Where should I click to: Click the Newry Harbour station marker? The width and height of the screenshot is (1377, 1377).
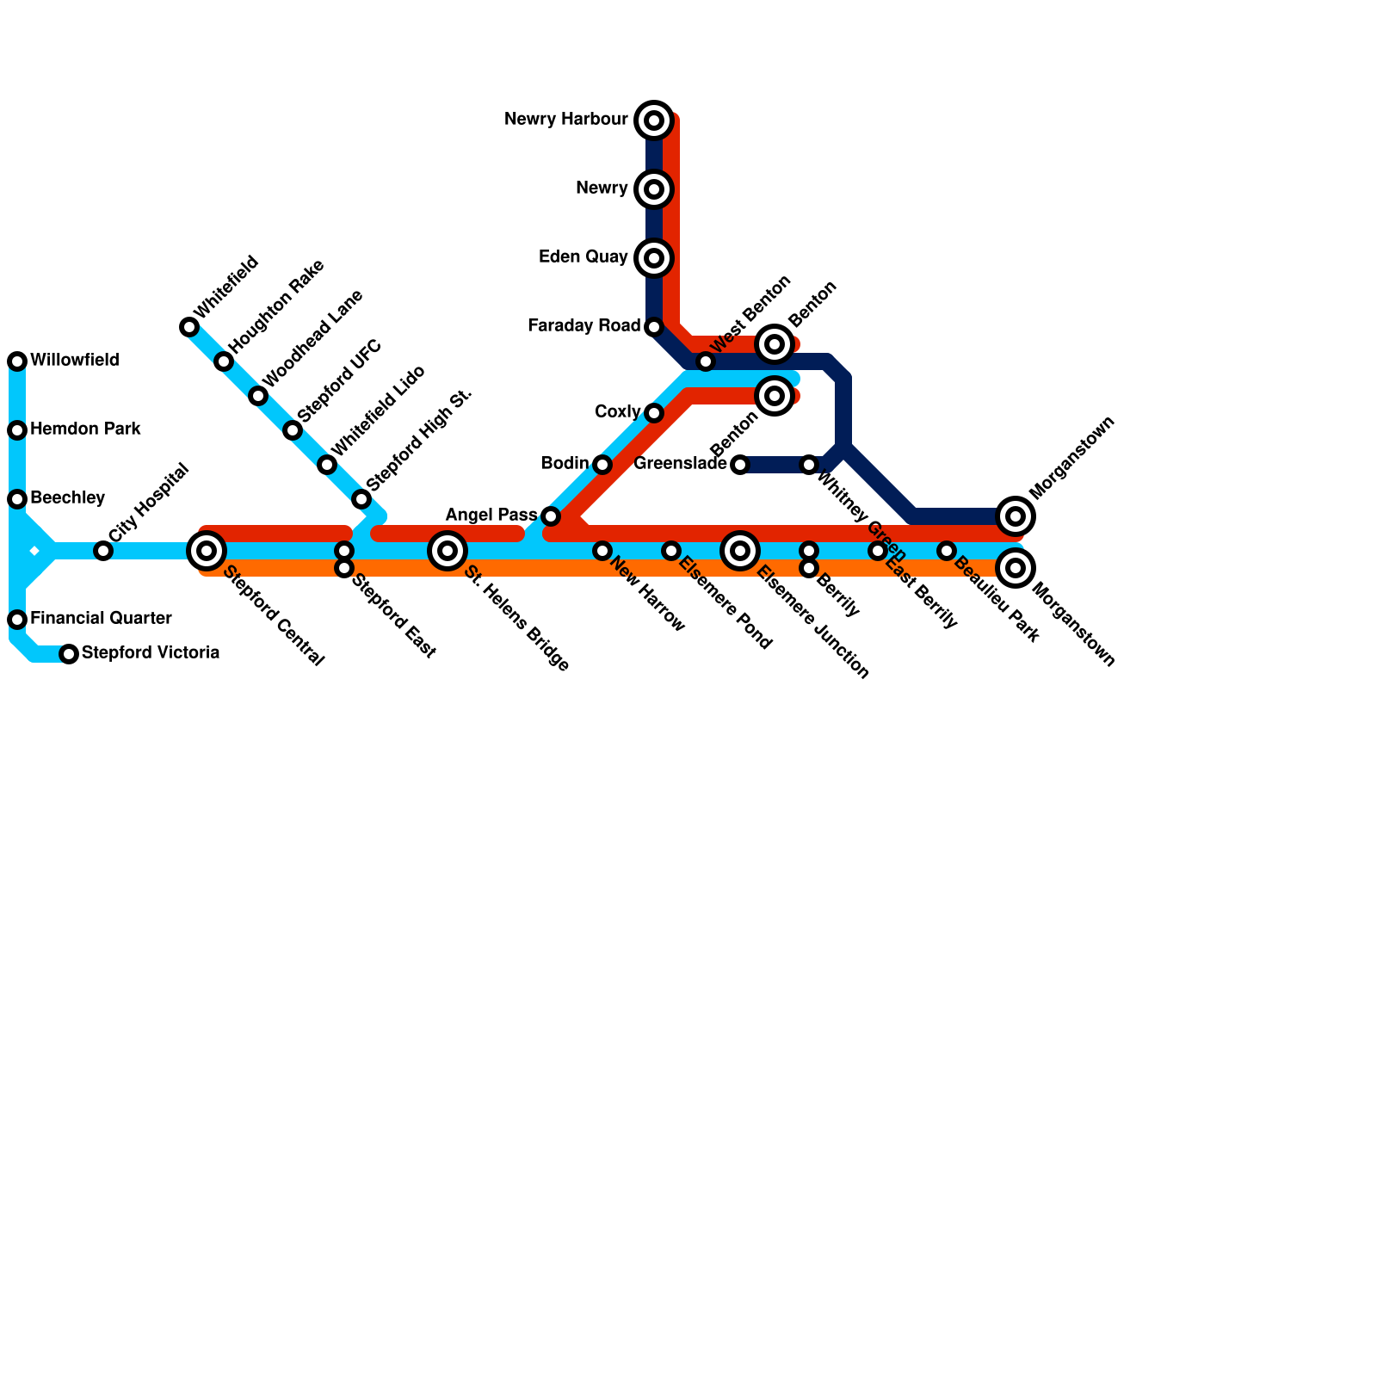pyautogui.click(x=654, y=120)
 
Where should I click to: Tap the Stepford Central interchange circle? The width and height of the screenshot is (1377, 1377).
pyautogui.click(x=207, y=551)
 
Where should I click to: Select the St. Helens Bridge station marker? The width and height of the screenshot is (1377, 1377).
pyautogui.click(x=448, y=551)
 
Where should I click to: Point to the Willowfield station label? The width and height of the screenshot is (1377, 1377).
pyautogui.click(x=74, y=361)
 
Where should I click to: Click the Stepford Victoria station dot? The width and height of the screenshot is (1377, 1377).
pyautogui.click(x=69, y=654)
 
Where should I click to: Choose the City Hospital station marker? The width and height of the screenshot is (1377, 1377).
pyautogui.click(x=103, y=551)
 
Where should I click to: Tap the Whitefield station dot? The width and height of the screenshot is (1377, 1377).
pyautogui.click(x=189, y=327)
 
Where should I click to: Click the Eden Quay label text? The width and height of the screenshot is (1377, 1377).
pyautogui.click(x=583, y=257)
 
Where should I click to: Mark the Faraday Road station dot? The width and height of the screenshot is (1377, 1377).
pyautogui.click(x=654, y=327)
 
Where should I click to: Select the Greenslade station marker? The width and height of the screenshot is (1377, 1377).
pyautogui.click(x=740, y=465)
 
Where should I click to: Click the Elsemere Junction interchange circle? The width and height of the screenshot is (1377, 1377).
pyautogui.click(x=740, y=551)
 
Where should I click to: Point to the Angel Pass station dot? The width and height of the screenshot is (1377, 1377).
pyautogui.click(x=551, y=516)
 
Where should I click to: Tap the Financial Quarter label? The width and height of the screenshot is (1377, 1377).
pyautogui.click(x=101, y=619)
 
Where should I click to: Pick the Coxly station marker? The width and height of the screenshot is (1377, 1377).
pyautogui.click(x=654, y=413)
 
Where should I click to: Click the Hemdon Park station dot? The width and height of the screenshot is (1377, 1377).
pyautogui.click(x=17, y=430)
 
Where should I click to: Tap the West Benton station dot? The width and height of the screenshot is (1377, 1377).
pyautogui.click(x=706, y=361)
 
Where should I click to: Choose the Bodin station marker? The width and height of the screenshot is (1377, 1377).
pyautogui.click(x=602, y=465)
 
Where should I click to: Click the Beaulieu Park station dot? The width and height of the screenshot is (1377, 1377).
pyautogui.click(x=947, y=551)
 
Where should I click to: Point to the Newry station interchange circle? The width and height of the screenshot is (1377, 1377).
pyautogui.click(x=654, y=189)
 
